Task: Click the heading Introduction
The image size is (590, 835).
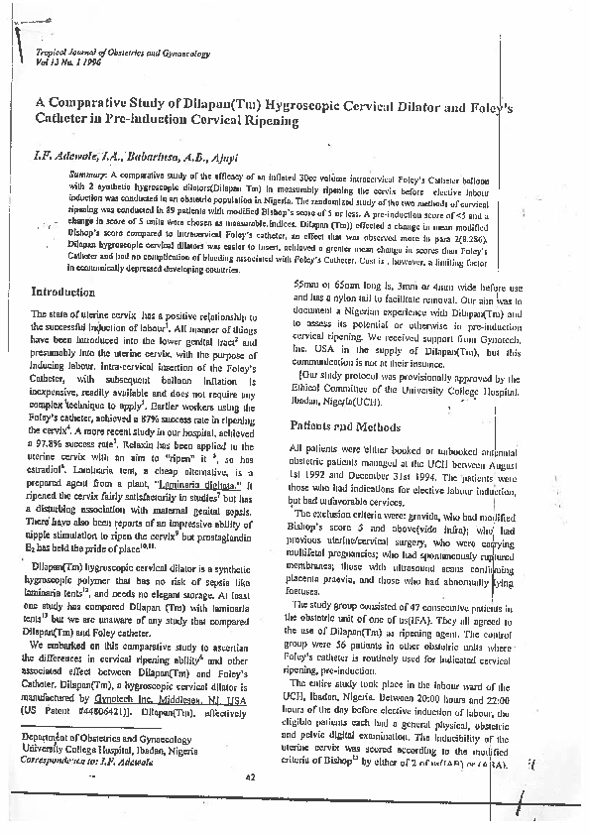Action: [62, 292]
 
